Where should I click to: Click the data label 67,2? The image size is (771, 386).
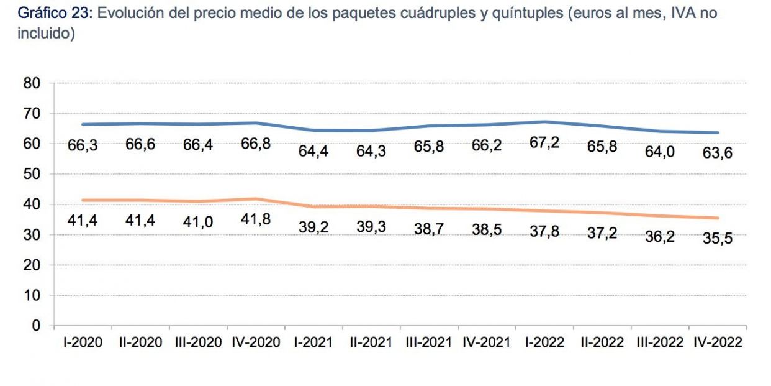click(x=544, y=143)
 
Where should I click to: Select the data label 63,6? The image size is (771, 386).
click(x=717, y=152)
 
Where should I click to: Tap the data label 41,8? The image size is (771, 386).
click(x=255, y=219)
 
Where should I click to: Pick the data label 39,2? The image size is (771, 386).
click(x=313, y=227)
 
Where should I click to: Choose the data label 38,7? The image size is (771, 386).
click(x=429, y=228)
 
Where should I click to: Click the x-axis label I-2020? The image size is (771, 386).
click(x=83, y=342)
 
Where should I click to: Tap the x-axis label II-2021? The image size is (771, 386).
click(x=371, y=342)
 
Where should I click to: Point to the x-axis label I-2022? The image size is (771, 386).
click(x=544, y=342)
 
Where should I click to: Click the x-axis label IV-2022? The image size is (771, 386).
click(x=717, y=342)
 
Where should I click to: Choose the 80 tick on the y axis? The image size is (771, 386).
click(x=32, y=83)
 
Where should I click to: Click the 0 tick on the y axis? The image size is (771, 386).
click(x=36, y=326)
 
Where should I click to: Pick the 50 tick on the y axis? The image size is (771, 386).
click(x=32, y=174)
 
